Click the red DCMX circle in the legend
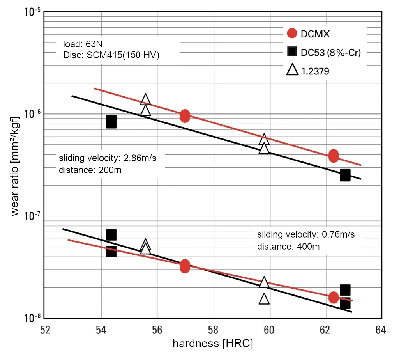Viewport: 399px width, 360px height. point(292,34)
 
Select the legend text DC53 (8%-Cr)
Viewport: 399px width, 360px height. point(331,52)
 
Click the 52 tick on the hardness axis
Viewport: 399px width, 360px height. point(46,330)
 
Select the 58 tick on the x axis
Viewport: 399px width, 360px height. point(213,330)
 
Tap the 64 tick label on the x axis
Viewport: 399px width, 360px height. point(381,330)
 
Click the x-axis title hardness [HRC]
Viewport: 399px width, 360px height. point(213,344)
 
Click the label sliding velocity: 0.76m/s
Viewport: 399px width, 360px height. point(306,235)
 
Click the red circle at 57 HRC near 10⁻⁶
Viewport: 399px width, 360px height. point(185,116)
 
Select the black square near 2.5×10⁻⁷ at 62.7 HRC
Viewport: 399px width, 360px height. point(345,175)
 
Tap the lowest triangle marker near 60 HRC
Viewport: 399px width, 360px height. point(264,299)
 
